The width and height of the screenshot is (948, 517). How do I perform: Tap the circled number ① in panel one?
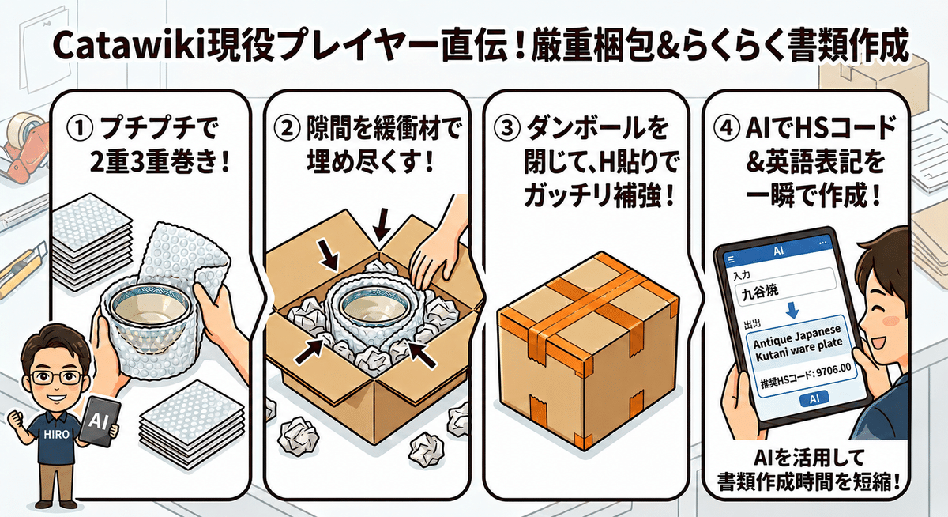point(80,129)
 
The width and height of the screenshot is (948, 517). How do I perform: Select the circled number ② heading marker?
point(287,128)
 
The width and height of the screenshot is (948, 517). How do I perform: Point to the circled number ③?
point(506,128)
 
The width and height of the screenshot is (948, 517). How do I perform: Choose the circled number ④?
point(726,128)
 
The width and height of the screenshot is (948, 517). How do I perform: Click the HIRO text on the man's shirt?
point(56,434)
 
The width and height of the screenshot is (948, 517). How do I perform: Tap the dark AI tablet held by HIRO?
point(99,421)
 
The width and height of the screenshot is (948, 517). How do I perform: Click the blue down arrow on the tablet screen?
point(792,310)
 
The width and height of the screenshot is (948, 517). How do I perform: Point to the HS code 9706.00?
point(833,372)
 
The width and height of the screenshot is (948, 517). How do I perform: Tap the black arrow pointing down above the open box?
point(382,225)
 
